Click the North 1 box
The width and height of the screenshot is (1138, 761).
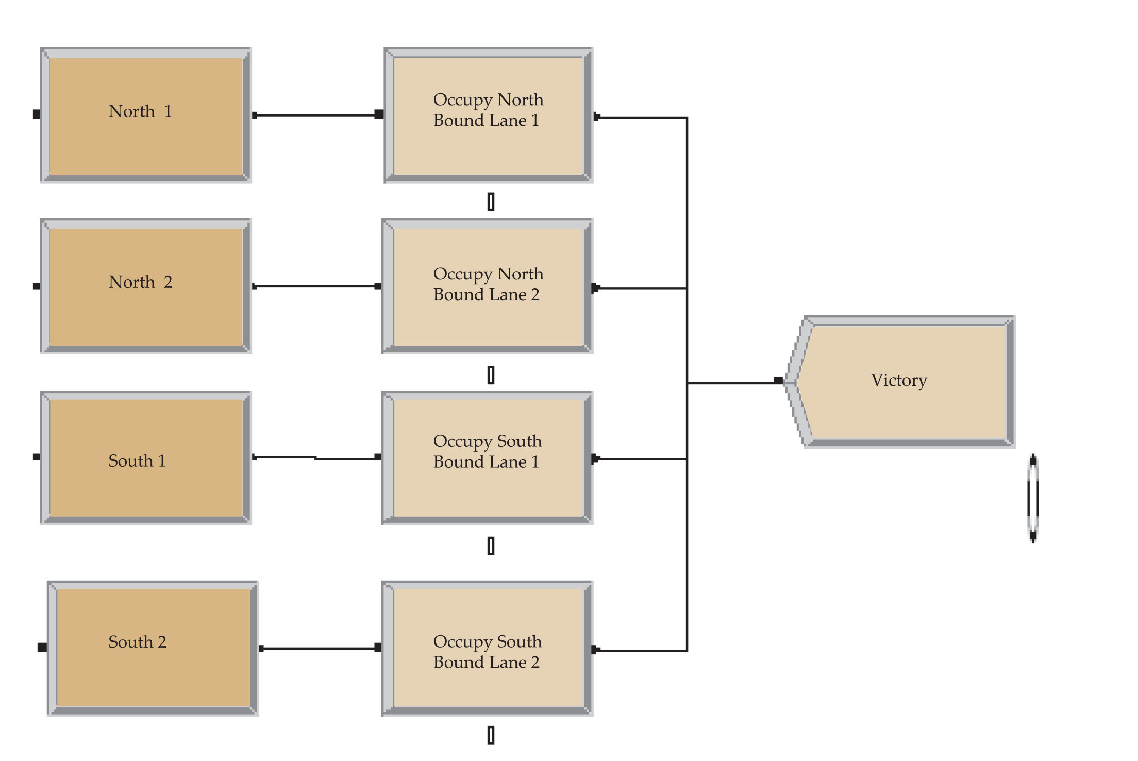pyautogui.click(x=146, y=115)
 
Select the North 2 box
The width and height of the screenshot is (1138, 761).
pyautogui.click(x=146, y=286)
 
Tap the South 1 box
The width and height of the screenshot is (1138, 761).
pyautogui.click(x=146, y=458)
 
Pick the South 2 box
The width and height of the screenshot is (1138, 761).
pyautogui.click(x=153, y=648)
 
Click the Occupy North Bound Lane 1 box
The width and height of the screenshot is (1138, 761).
pyautogui.click(x=489, y=115)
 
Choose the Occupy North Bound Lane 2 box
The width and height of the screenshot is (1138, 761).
pyautogui.click(x=488, y=286)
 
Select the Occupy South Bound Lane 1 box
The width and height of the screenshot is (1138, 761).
pyautogui.click(x=488, y=458)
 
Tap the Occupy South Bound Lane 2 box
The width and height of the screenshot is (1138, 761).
pyautogui.click(x=488, y=648)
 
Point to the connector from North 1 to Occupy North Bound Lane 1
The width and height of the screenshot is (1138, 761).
pyautogui.click(x=317, y=115)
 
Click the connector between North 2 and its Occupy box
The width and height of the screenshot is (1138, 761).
pyautogui.click(x=317, y=286)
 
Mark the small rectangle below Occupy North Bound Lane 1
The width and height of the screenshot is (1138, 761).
pyautogui.click(x=491, y=202)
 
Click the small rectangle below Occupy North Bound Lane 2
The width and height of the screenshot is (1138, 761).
pyautogui.click(x=491, y=375)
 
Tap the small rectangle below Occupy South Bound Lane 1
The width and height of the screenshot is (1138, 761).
pyautogui.click(x=491, y=545)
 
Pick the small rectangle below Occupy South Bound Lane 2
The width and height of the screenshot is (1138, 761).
pyautogui.click(x=491, y=735)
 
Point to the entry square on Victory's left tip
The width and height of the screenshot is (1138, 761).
pyautogui.click(x=778, y=381)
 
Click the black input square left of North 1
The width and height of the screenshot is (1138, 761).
pyautogui.click(x=36, y=114)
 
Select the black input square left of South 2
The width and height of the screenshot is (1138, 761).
pyautogui.click(x=42, y=647)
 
